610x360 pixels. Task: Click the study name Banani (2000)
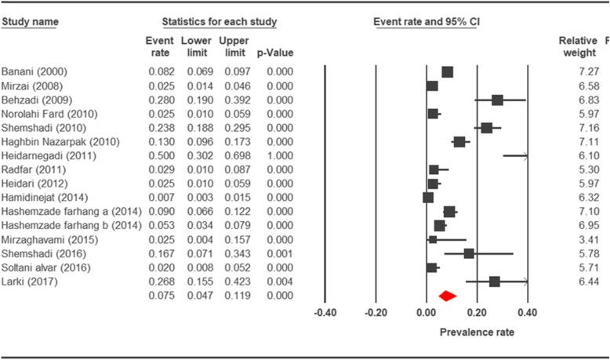(x=34, y=71)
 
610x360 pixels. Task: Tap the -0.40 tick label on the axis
(x=325, y=312)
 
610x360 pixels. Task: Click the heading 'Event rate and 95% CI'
(x=427, y=20)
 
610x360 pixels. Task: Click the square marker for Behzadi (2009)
(x=497, y=100)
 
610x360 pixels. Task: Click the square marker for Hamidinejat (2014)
(x=427, y=198)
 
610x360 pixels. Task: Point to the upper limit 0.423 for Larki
(x=233, y=282)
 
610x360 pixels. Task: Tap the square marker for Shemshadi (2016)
(x=469, y=253)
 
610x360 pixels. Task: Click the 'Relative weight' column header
(x=579, y=45)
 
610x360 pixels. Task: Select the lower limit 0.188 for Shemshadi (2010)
(x=196, y=128)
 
